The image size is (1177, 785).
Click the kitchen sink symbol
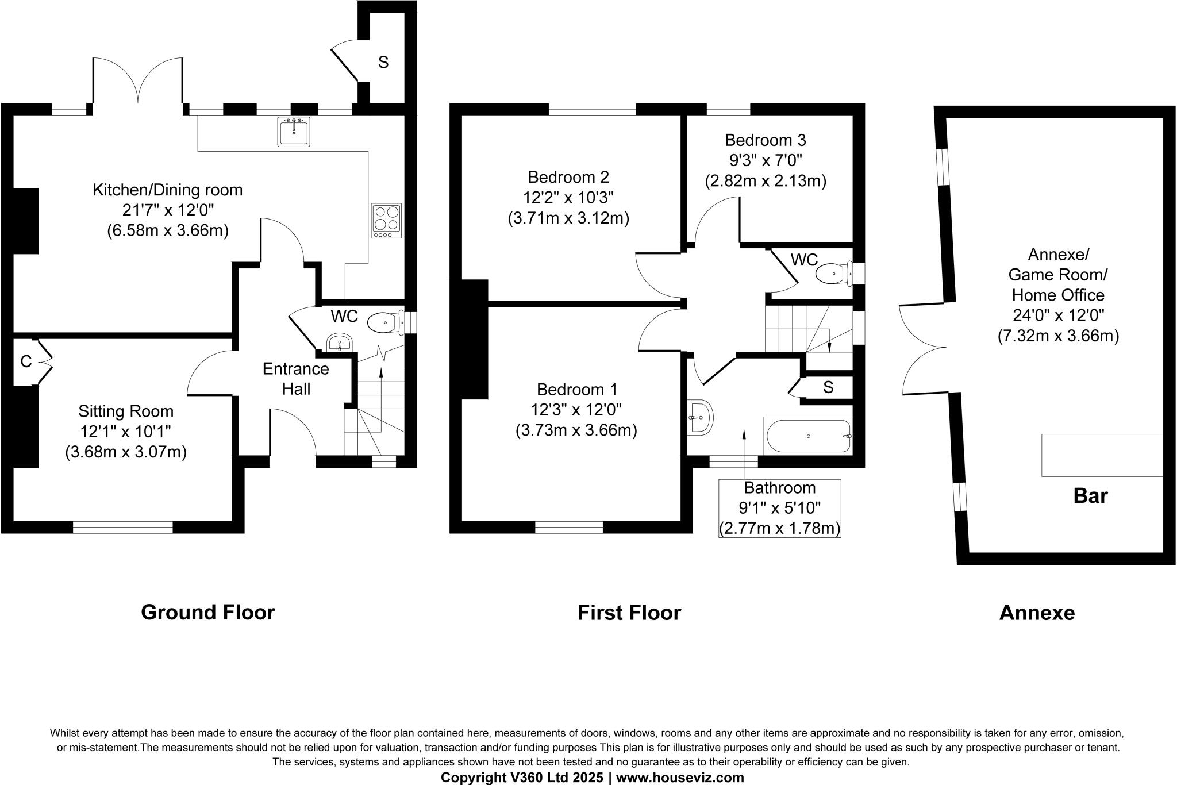click(x=294, y=132)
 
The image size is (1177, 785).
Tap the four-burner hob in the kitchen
click(x=387, y=221)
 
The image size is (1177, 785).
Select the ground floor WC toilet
click(x=384, y=323)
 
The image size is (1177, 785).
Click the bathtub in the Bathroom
click(x=807, y=436)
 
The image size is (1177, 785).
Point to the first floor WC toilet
click(x=834, y=274)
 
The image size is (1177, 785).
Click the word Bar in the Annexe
click(x=1090, y=496)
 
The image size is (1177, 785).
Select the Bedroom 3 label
click(x=765, y=140)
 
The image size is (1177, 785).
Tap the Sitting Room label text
click(x=126, y=411)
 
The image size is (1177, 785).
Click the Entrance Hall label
click(x=296, y=379)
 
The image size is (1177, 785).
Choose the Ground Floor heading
click(x=208, y=613)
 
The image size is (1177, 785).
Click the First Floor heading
click(x=629, y=613)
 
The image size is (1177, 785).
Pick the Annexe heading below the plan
click(x=1037, y=613)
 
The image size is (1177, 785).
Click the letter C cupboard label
click(x=26, y=361)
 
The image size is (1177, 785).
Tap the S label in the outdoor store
click(x=383, y=62)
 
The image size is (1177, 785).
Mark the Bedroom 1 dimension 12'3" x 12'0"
click(x=576, y=410)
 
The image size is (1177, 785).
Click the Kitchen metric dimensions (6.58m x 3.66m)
click(x=168, y=231)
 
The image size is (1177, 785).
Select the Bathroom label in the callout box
click(x=780, y=488)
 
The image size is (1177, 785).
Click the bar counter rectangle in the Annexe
click(x=1102, y=455)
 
